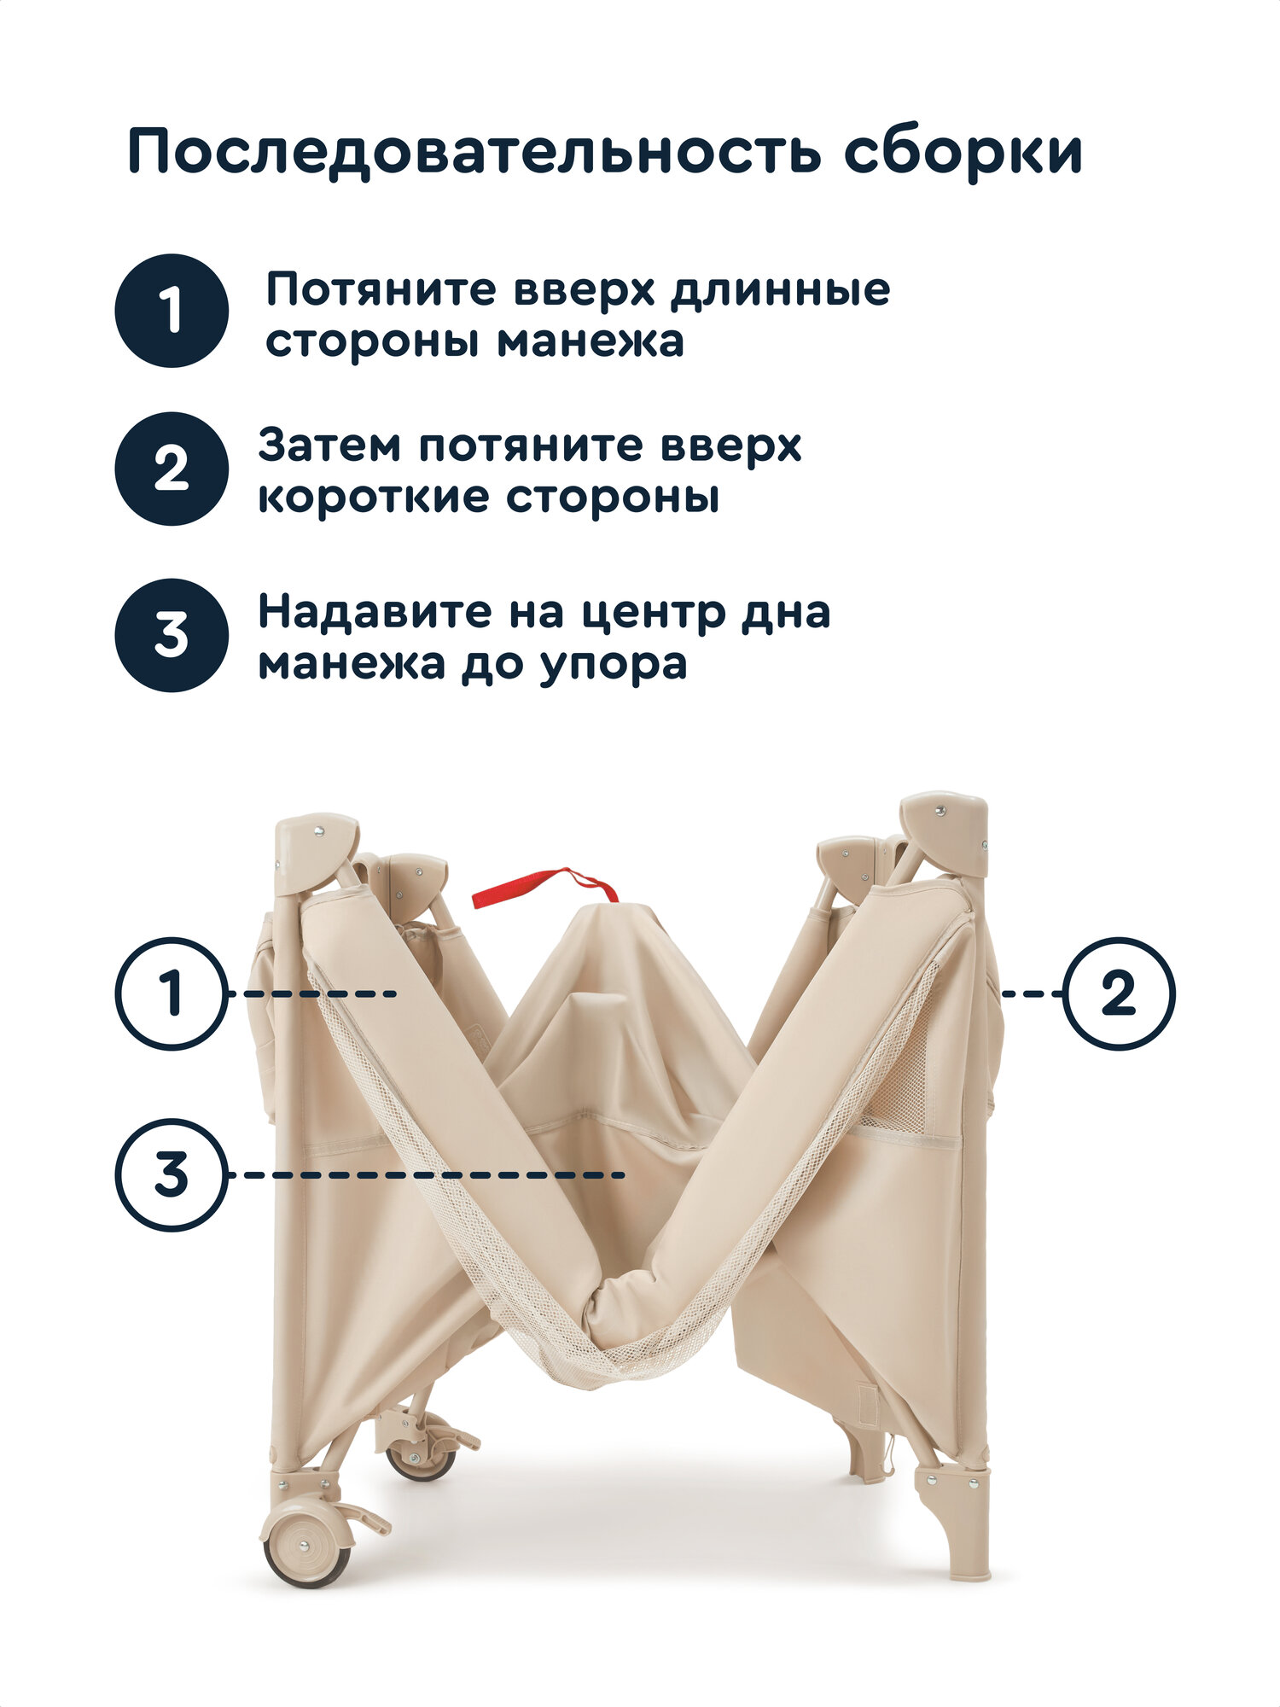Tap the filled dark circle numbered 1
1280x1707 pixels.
[172, 311]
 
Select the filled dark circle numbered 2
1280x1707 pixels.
[172, 469]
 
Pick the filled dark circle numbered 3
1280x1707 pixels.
[172, 635]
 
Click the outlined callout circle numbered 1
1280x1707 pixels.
[172, 993]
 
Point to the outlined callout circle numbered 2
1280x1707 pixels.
[1119, 993]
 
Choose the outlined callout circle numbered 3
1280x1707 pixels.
[172, 1175]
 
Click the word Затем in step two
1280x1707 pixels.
[329, 446]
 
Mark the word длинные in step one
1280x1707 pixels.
[779, 290]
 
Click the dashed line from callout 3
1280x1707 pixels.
[427, 1175]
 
